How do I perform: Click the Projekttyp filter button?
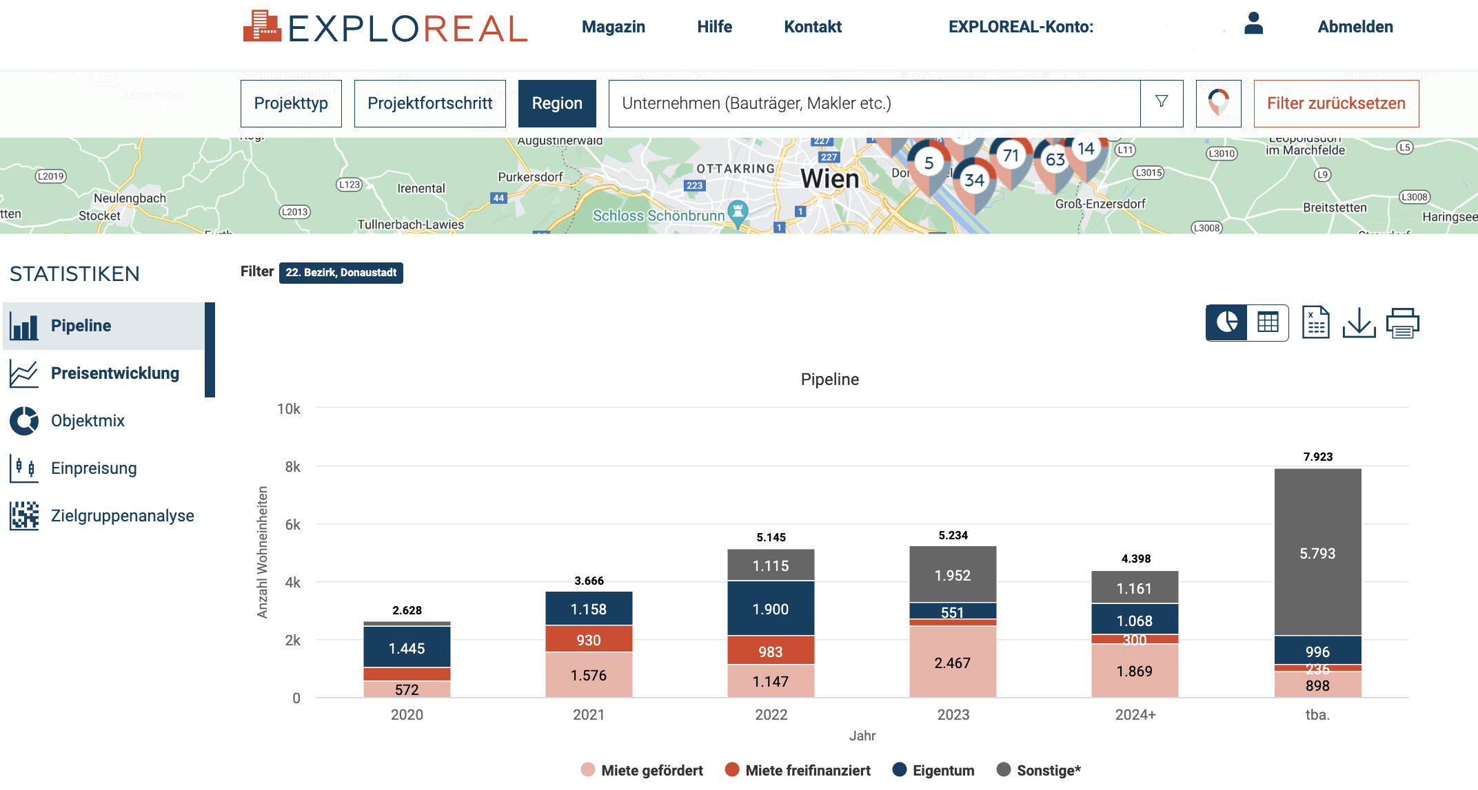(x=291, y=103)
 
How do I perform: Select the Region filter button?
(x=557, y=103)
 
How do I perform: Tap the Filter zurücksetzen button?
(x=1335, y=103)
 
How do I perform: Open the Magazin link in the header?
(x=613, y=27)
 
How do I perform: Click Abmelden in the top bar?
(x=1355, y=27)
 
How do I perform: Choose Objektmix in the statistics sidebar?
(x=88, y=421)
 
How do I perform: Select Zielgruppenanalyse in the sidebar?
(x=122, y=516)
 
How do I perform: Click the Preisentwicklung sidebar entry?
(x=114, y=373)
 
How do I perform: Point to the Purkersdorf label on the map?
(x=530, y=177)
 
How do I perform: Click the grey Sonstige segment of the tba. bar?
(x=1317, y=552)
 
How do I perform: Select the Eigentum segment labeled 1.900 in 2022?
(x=771, y=609)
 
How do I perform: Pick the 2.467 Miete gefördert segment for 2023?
(x=953, y=663)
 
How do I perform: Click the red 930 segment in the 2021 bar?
(x=589, y=639)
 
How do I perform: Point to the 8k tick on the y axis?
(x=292, y=467)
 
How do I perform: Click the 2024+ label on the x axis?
(x=1135, y=715)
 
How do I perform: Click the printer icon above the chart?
(x=1402, y=323)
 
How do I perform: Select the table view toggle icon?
(x=1268, y=322)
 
